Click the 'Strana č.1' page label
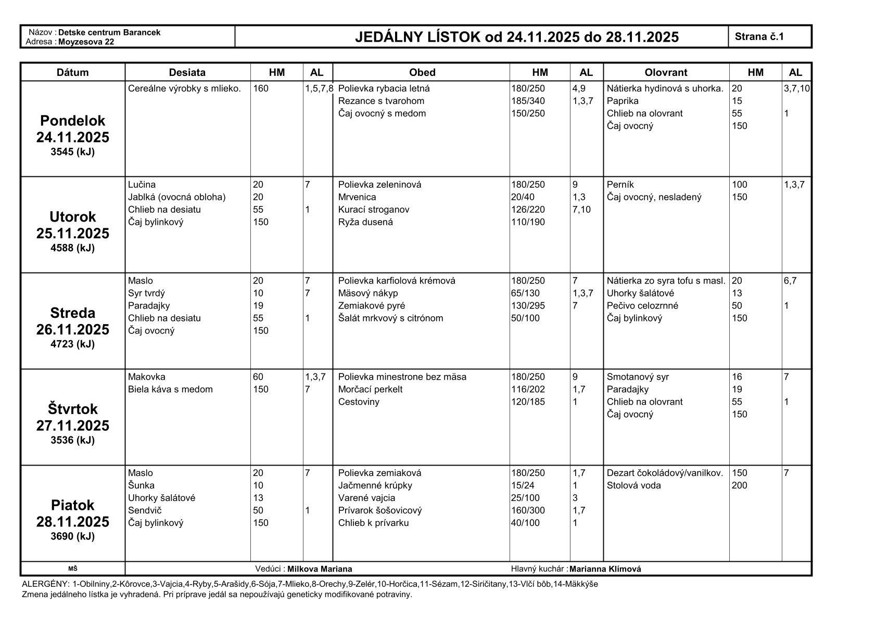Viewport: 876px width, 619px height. pyautogui.click(x=759, y=36)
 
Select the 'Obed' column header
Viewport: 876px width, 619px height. pyautogui.click(x=422, y=72)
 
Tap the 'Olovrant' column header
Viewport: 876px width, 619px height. pyautogui.click(x=666, y=72)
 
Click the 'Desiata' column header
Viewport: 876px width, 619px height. pyautogui.click(x=187, y=72)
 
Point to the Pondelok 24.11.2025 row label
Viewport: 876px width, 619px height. pyautogui.click(x=73, y=129)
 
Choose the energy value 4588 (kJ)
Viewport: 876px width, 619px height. pyautogui.click(x=73, y=248)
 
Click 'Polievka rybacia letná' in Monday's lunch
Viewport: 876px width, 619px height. pyautogui.click(x=384, y=88)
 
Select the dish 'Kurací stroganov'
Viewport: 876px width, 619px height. pyautogui.click(x=373, y=210)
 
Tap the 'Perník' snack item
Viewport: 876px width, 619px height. pyautogui.click(x=620, y=185)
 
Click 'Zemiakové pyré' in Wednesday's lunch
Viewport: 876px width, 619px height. pyautogui.click(x=371, y=306)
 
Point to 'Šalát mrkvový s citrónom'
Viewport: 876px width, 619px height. pyautogui.click(x=390, y=318)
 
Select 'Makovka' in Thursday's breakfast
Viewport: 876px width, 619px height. pyautogui.click(x=146, y=377)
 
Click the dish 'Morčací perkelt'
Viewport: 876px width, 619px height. pyautogui.click(x=370, y=390)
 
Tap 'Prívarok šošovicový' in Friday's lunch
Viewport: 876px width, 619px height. pyautogui.click(x=379, y=510)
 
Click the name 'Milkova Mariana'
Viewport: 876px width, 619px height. pyautogui.click(x=320, y=569)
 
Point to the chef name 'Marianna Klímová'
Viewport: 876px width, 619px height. pyautogui.click(x=605, y=569)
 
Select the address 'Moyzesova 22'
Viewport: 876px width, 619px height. pyautogui.click(x=86, y=42)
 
